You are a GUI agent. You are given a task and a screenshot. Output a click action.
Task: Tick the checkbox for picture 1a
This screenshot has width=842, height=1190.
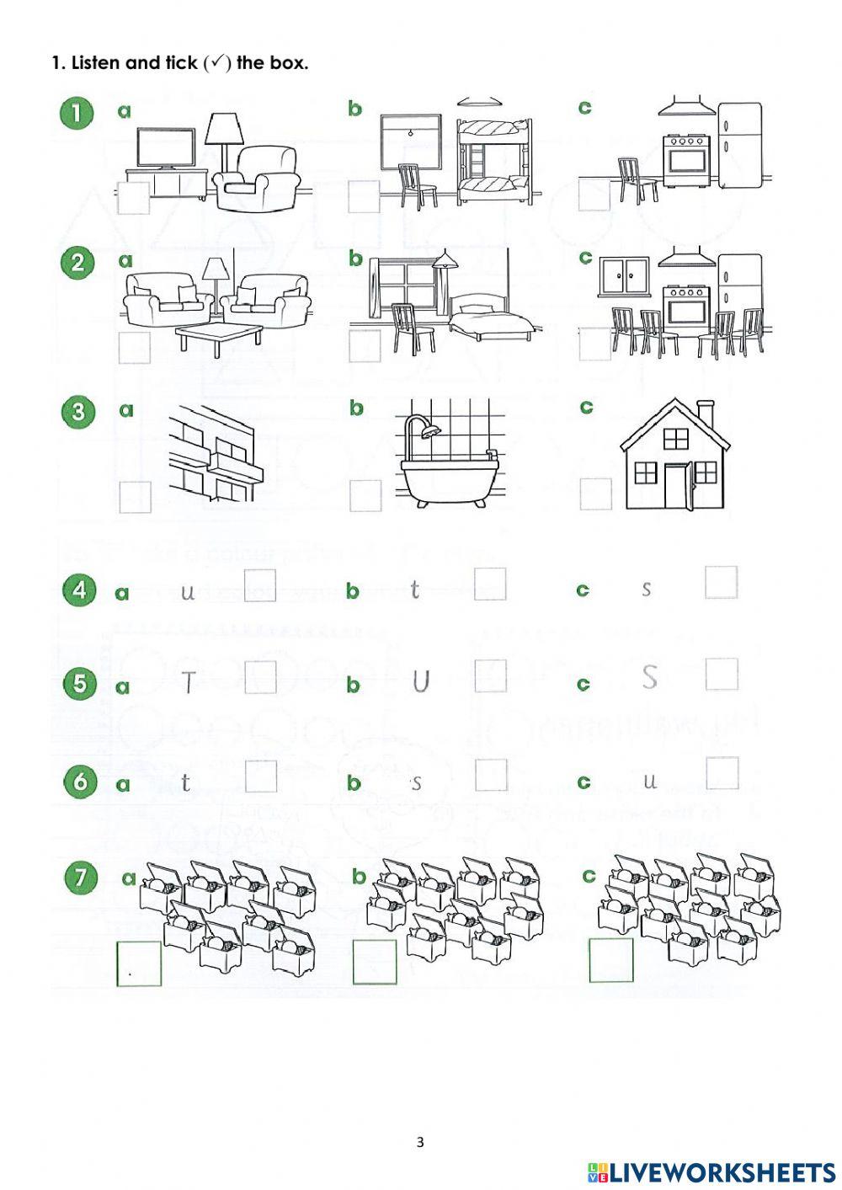pos(133,198)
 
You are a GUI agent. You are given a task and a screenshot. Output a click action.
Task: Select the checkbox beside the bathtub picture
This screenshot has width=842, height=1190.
pos(365,496)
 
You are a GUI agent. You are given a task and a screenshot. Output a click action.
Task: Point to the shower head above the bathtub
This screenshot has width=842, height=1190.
pos(431,432)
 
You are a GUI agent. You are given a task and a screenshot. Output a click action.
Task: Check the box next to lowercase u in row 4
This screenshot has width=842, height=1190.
pos(259,584)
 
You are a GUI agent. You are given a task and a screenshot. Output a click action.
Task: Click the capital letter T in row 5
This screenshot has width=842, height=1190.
pos(189,682)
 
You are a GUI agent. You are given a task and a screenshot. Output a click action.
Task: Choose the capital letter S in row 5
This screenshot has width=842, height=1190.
pos(649,677)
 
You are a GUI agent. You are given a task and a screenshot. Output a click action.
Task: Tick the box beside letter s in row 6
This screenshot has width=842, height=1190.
pos(491,776)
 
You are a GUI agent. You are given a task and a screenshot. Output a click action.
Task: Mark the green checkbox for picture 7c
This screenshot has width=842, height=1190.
pos(610,960)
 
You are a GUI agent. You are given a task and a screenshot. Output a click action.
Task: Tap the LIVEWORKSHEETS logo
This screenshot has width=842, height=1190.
pos(711,1172)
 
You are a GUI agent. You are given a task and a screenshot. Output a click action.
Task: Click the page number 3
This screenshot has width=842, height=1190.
pos(420,1143)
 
